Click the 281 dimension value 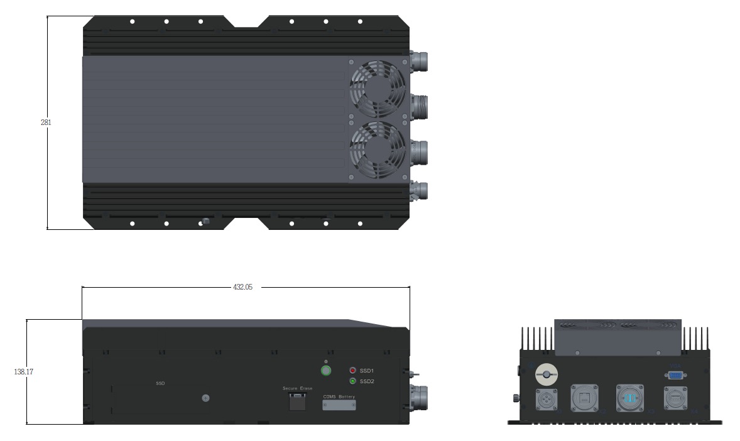(x=46, y=122)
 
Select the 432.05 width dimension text (x=242, y=287)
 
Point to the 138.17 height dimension (x=23, y=372)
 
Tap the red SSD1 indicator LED (x=352, y=371)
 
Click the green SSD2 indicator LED (x=352, y=381)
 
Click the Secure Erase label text (x=297, y=389)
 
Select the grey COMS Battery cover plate (x=339, y=406)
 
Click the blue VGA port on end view (x=675, y=375)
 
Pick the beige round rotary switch (x=546, y=375)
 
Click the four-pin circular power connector (x=545, y=400)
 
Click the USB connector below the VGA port (x=676, y=398)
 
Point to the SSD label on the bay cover (x=160, y=383)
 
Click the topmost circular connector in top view (x=419, y=60)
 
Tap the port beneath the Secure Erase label (x=297, y=403)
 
